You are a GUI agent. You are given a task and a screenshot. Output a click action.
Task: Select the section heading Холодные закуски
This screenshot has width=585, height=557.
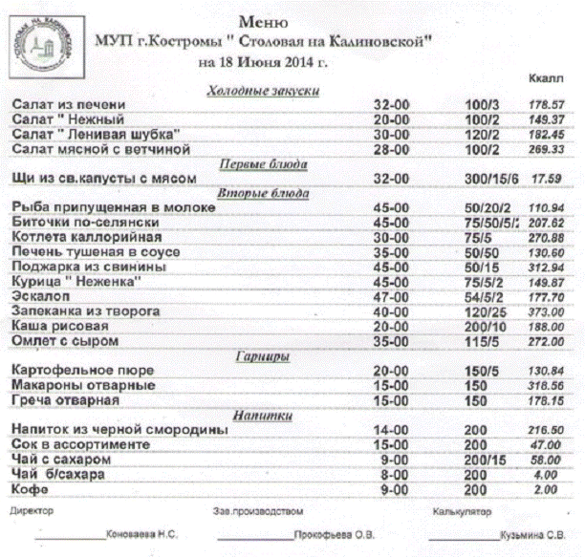(x=263, y=91)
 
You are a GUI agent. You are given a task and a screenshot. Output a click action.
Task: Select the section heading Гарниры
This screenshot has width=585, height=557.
(x=262, y=355)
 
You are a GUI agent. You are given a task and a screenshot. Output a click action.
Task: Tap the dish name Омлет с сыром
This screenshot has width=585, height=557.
(x=63, y=340)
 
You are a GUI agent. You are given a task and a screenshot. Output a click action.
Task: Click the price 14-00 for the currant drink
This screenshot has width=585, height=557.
(x=390, y=431)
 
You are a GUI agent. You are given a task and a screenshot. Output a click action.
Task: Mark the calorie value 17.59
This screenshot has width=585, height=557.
(x=546, y=178)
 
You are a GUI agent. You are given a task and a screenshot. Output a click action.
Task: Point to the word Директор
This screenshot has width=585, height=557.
(x=32, y=511)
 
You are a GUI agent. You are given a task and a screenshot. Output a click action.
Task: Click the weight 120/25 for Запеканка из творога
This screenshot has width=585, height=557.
(x=485, y=311)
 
